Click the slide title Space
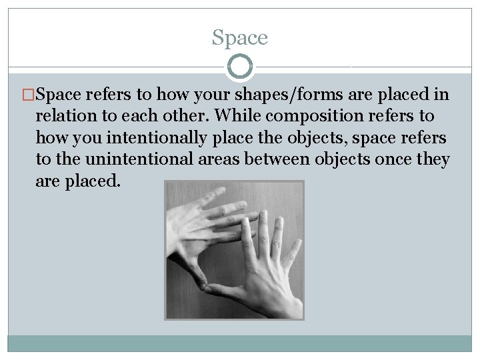coord(239,38)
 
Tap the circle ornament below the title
coord(240,67)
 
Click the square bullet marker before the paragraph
coord(29,95)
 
